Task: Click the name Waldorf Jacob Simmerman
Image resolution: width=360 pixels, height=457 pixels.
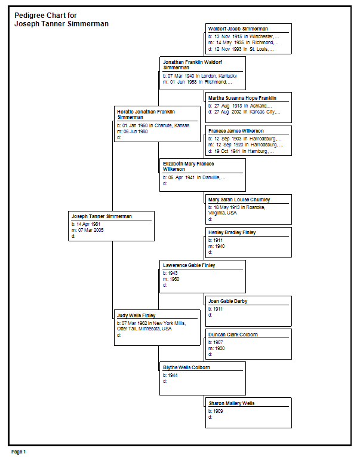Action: point(238,29)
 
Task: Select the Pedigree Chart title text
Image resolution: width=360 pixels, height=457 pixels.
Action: point(61,20)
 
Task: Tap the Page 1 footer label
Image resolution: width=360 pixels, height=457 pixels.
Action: point(19,452)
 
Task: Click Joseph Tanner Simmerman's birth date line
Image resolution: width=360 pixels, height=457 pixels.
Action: point(86,224)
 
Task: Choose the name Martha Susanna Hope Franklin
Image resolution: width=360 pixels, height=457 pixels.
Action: point(242,98)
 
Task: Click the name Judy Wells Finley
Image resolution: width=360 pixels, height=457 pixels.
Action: point(136,315)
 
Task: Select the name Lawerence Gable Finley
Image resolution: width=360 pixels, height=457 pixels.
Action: point(189,265)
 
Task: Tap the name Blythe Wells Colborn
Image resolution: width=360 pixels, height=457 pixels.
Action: point(186,367)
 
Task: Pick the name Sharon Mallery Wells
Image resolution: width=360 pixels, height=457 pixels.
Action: point(232,403)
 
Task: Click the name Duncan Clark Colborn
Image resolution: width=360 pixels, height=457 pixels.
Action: point(233,335)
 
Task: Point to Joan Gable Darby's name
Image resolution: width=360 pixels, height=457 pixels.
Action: point(228,301)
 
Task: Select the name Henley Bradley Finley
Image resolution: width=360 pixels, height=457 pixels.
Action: point(232,232)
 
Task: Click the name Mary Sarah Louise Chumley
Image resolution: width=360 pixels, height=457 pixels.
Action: point(239,200)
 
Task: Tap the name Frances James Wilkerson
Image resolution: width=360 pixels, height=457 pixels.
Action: point(236,131)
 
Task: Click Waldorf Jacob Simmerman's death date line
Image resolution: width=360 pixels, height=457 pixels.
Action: point(241,49)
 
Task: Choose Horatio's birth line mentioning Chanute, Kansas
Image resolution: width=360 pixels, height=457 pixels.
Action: point(153,125)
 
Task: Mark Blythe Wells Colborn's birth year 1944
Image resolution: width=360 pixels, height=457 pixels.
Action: point(173,375)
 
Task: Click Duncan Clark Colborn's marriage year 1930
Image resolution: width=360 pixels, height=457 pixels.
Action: point(220,348)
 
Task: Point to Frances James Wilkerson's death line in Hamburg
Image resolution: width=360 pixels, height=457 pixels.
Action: point(241,151)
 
